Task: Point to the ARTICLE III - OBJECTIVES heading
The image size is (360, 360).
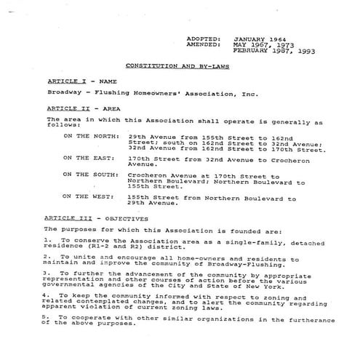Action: [x=96, y=217]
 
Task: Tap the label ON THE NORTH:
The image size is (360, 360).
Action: [x=87, y=135]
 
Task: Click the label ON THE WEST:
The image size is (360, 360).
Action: [x=85, y=197]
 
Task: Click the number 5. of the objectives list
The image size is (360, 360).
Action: [x=48, y=318]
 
